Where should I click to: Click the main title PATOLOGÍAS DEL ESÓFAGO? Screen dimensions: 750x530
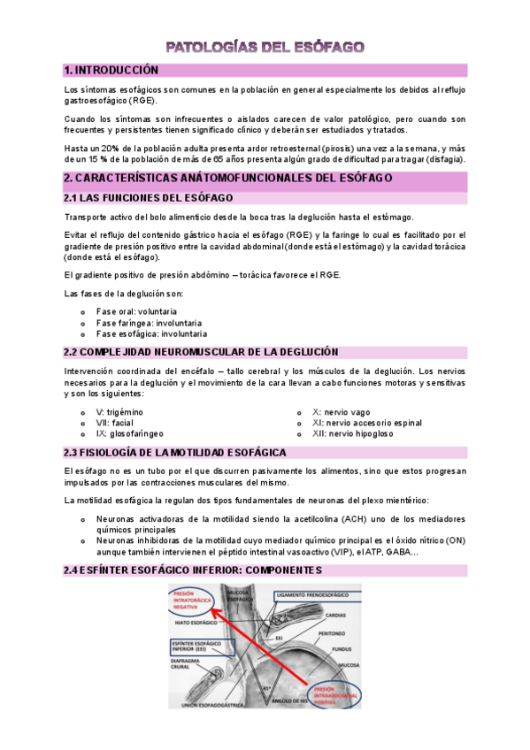[265, 46]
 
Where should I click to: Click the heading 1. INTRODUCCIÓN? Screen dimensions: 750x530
[111, 70]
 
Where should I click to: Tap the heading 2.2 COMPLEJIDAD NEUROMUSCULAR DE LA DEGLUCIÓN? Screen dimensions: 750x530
[201, 352]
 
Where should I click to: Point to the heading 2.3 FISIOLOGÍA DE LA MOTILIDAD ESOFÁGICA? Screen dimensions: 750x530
[174, 453]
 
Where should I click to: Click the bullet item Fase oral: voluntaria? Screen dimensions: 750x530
[136, 312]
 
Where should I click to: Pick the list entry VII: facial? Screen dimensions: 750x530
[115, 423]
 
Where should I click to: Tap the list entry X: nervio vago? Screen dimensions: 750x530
[342, 412]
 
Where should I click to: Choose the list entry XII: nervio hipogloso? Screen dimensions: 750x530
[353, 434]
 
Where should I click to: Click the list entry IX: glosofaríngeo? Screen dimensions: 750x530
[130, 434]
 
